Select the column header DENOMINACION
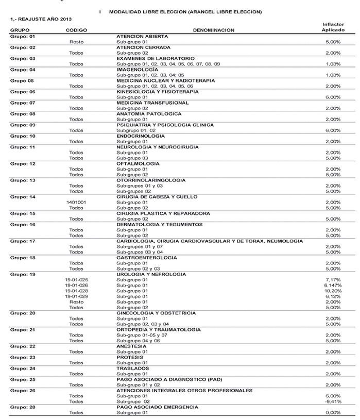pos(213,30)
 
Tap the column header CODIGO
pos(76,30)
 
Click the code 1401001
pos(76,202)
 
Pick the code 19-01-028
pos(76,291)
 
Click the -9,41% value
pos(333,401)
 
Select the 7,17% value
pos(333,280)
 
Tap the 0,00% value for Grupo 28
pos(333,413)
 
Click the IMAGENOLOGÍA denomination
pos(138,69)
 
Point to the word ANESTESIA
pos(131,346)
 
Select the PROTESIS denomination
pos(129,357)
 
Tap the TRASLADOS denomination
pos(132,368)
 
